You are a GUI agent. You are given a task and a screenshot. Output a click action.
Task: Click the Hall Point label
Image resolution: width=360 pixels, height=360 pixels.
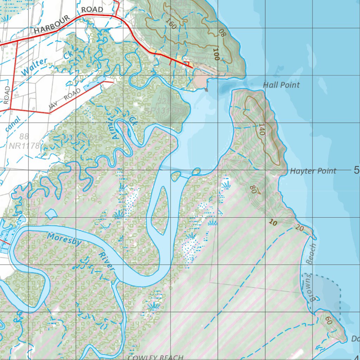pos(281,85)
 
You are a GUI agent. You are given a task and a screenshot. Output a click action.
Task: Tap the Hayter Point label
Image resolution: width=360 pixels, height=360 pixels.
pos(313,171)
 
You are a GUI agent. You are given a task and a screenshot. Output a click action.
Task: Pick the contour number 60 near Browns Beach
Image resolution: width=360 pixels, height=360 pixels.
pos(328,320)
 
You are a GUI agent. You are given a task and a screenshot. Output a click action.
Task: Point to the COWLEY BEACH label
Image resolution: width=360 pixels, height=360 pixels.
pos(155,357)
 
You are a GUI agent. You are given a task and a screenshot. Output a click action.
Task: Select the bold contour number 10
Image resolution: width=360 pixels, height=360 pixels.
pos(272,222)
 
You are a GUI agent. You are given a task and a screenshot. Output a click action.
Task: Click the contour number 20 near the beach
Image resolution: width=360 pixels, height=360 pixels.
pos(300,228)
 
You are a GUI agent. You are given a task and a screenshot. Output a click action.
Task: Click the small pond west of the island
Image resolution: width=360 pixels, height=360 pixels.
pos(51,213)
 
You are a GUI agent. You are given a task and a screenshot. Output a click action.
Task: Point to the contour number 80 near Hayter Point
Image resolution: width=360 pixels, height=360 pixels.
pos(253,189)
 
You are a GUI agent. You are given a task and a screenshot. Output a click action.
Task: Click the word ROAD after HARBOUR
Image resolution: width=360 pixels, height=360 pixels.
pos(92,9)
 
